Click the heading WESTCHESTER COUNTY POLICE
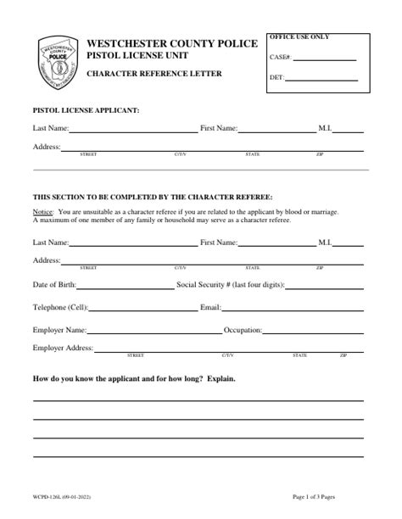tap(172, 43)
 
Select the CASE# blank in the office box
tap(325, 59)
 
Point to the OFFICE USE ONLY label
tap(299, 37)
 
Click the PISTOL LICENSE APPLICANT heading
tap(86, 110)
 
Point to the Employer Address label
tap(62, 349)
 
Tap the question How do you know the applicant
tap(133, 377)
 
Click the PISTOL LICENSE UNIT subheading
tap(137, 56)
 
